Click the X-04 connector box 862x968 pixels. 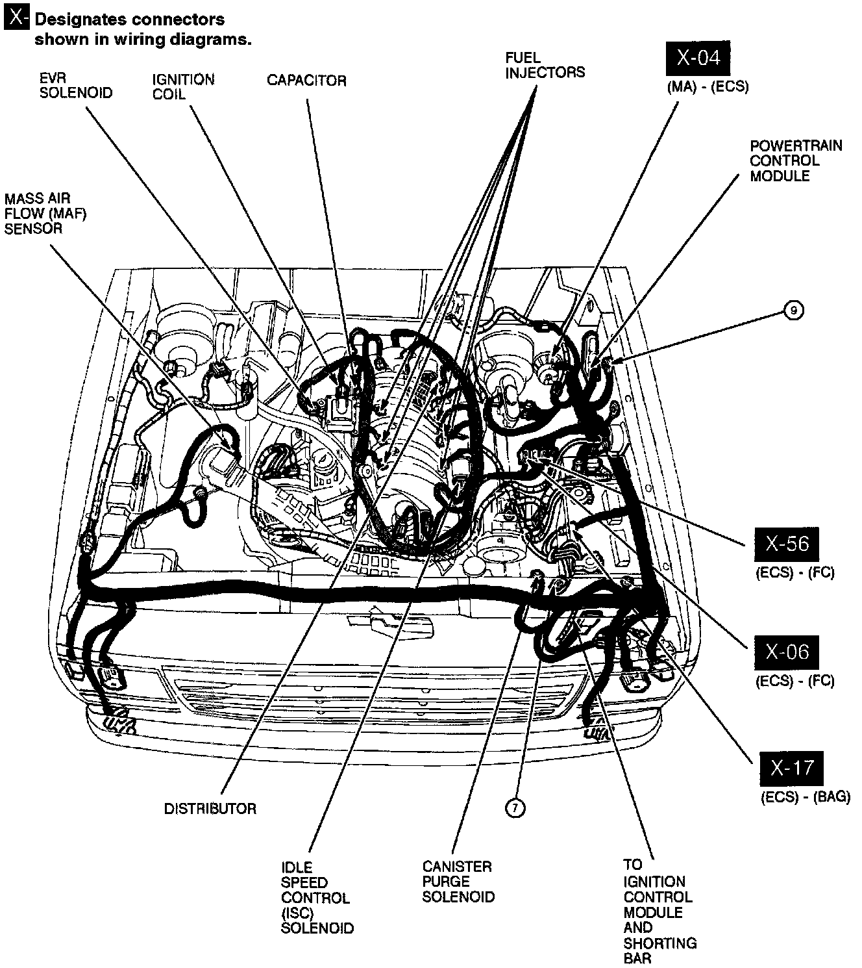[x=698, y=59]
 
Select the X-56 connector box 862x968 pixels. [x=786, y=544]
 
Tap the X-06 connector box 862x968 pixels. [x=786, y=652]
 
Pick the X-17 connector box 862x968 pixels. [x=791, y=769]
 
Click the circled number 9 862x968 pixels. [x=794, y=311]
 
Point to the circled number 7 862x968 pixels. [x=515, y=808]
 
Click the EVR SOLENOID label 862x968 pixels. [x=75, y=86]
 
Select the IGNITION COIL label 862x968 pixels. [x=183, y=86]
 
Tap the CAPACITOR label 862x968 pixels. [x=306, y=81]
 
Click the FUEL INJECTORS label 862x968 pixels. [x=545, y=66]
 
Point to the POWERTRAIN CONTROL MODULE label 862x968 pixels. [x=796, y=160]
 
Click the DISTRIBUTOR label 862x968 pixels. [x=210, y=809]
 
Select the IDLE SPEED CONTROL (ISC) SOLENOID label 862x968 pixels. [x=317, y=897]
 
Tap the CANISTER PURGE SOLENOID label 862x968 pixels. [x=458, y=882]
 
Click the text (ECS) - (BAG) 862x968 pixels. [x=805, y=797]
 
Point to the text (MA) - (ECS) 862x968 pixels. [x=708, y=86]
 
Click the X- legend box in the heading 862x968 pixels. [x=16, y=19]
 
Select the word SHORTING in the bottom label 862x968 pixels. [x=659, y=943]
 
